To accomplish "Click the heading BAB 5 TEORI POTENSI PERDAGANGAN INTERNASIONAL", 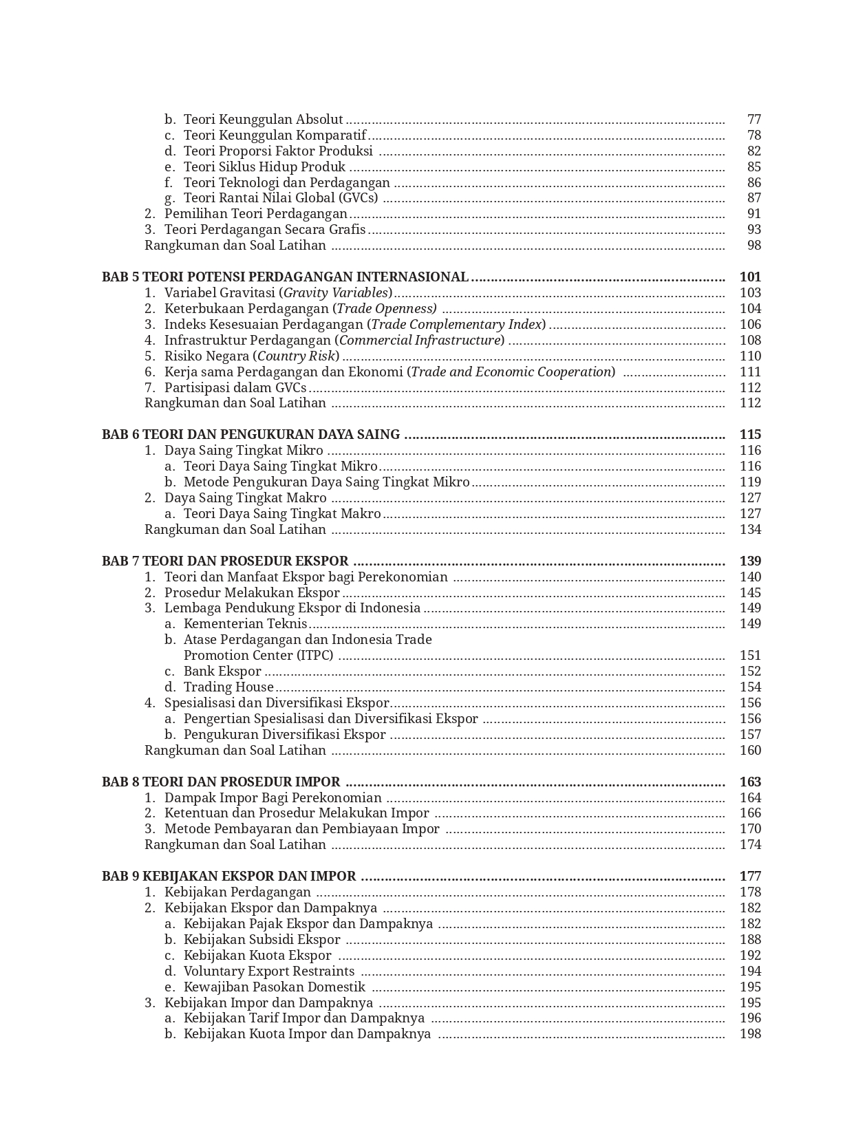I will coord(285,277).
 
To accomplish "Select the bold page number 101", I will coord(750,277).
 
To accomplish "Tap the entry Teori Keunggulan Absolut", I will coord(263,120).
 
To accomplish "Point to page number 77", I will coord(754,120).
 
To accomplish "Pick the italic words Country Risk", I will coord(297,356).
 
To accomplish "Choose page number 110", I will coord(750,356).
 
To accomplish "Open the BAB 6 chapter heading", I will coord(250,435).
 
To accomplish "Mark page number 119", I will coord(750,482).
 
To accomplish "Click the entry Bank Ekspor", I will coord(222,672).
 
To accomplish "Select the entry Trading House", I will coord(228,687).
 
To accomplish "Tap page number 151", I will coord(750,656).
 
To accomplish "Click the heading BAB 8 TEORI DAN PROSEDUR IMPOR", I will coord(221,782).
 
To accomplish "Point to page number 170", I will coord(750,829).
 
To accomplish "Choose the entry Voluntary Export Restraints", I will coord(268,971).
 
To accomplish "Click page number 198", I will coord(750,1034).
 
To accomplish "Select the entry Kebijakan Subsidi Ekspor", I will coord(261,940).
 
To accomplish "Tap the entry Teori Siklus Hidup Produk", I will coord(264,167).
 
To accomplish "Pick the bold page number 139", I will coord(750,561).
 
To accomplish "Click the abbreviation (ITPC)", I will coord(315,656).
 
